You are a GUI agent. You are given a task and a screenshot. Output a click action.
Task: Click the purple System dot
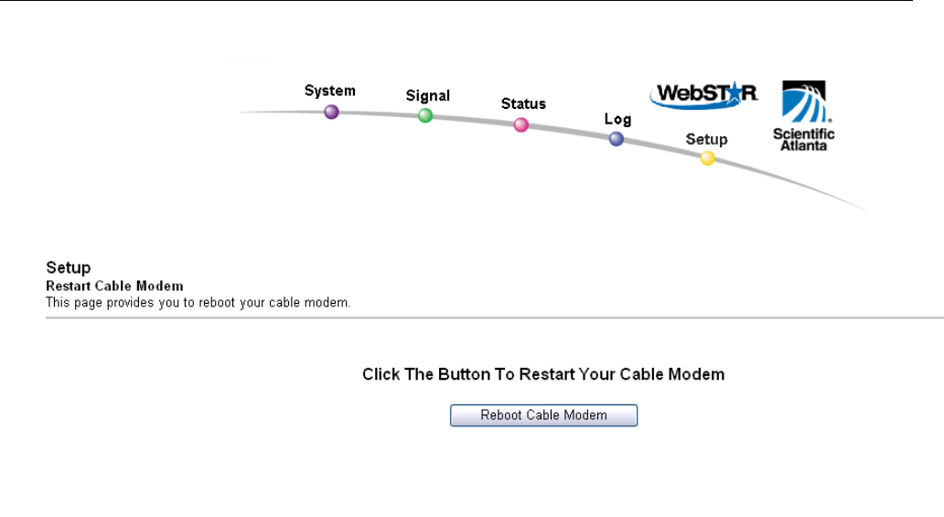click(x=331, y=112)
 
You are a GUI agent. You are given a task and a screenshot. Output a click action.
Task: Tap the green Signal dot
click(x=425, y=115)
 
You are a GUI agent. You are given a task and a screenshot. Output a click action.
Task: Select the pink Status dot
click(x=521, y=124)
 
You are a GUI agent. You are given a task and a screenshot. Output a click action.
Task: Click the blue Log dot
click(x=617, y=139)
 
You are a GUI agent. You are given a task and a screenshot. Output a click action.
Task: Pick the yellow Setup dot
click(x=707, y=158)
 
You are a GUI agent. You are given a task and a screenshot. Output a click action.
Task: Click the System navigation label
click(x=330, y=91)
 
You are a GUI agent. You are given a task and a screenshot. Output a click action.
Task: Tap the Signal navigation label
click(x=428, y=95)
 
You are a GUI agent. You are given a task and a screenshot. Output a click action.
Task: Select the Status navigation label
click(x=523, y=103)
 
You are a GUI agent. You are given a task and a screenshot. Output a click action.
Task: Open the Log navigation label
click(x=617, y=120)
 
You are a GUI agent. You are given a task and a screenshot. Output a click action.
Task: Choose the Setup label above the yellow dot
click(x=707, y=139)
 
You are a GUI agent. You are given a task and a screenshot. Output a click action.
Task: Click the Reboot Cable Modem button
click(x=543, y=415)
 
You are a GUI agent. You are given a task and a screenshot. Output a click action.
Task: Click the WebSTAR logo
click(x=703, y=94)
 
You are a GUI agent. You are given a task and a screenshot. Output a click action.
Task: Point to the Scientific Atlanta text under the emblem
click(x=804, y=139)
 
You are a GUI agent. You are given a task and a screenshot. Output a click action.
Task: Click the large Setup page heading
click(x=69, y=268)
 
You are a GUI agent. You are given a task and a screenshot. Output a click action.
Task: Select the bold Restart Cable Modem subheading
click(x=114, y=286)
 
